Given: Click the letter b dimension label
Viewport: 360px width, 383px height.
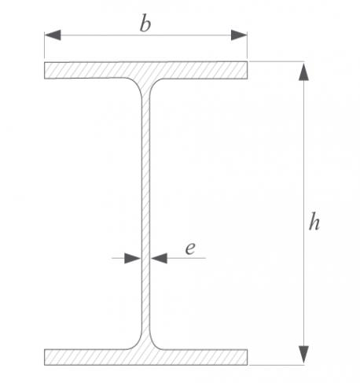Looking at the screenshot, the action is [x=145, y=24].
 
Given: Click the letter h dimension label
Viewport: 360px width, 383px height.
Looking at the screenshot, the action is [x=314, y=222].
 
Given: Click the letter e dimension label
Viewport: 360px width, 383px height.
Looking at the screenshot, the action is [x=190, y=248].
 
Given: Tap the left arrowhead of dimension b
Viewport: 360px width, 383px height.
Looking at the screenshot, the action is [x=53, y=35].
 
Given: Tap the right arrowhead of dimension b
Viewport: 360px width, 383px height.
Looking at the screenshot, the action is [x=239, y=35].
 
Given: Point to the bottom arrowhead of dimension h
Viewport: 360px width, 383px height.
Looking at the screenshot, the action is [x=303, y=355].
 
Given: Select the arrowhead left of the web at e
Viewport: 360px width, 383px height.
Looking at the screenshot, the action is [x=133, y=258].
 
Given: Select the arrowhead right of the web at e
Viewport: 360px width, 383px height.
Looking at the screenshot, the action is [x=160, y=258].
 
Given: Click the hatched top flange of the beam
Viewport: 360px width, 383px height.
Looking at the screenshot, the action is [x=145, y=70].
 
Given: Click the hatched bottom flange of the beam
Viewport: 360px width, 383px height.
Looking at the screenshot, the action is [x=145, y=357].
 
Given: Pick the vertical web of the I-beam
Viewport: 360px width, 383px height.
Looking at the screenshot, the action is [x=146, y=214].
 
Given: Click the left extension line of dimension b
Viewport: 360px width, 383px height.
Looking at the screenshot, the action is [x=45, y=45].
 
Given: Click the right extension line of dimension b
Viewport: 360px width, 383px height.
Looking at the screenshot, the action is [x=247, y=45].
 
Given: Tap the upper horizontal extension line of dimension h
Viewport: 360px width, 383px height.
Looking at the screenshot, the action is [x=277, y=61].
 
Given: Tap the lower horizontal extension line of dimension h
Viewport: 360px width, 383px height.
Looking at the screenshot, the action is [x=277, y=365].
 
